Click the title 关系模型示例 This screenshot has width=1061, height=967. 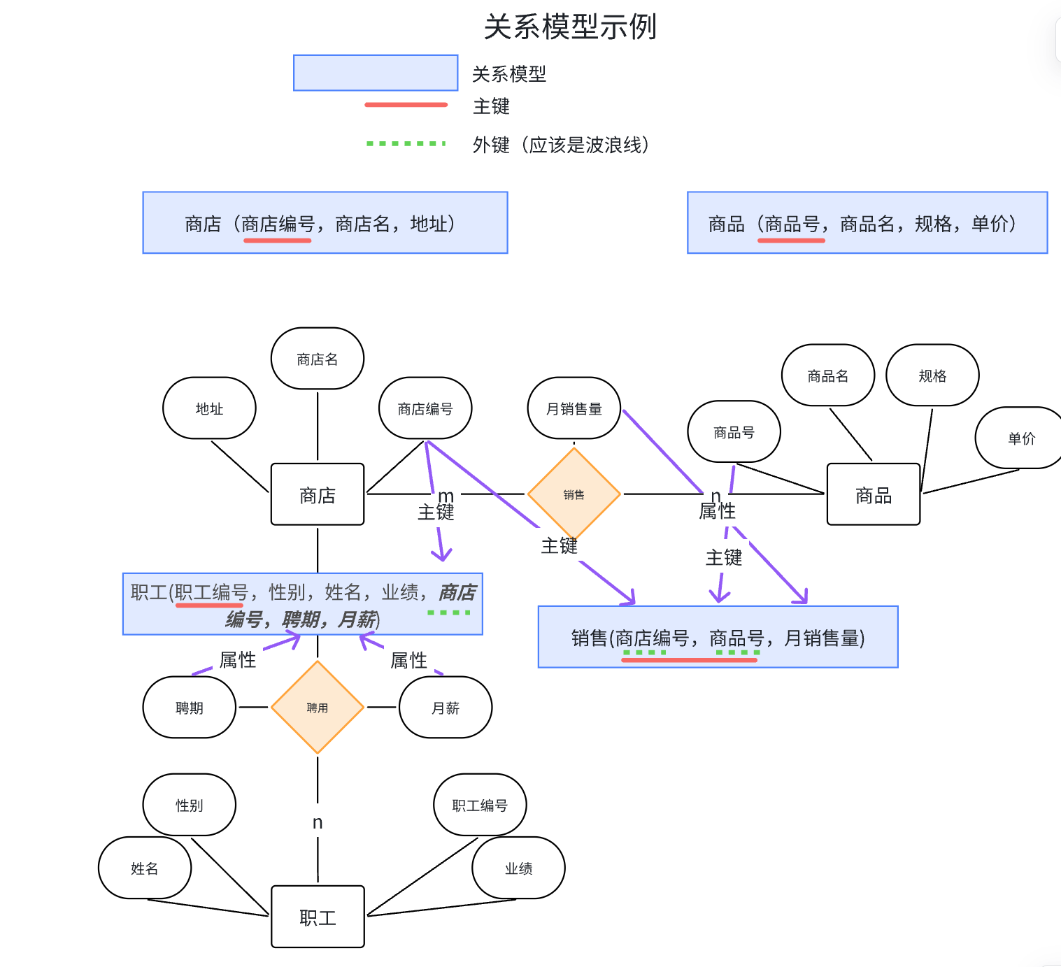(x=570, y=27)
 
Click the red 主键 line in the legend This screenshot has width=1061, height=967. (x=406, y=105)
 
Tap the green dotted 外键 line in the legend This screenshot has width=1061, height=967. (x=406, y=143)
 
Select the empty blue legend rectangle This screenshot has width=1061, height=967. (x=376, y=73)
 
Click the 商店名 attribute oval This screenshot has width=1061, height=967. (x=318, y=359)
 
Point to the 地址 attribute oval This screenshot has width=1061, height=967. (x=209, y=408)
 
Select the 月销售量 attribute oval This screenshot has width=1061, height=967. (x=574, y=408)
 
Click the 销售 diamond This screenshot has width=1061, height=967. (x=574, y=494)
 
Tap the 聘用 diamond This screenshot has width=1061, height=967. (x=318, y=708)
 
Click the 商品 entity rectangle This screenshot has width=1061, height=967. (x=873, y=494)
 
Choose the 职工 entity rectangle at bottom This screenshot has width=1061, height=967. (x=318, y=917)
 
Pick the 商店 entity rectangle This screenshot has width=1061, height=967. (x=318, y=494)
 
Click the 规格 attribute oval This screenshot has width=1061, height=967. (x=932, y=375)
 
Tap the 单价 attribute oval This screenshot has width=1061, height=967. (x=1020, y=438)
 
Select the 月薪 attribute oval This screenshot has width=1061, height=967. (x=446, y=708)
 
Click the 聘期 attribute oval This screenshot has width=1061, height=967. (x=190, y=708)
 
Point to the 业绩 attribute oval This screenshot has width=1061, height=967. (x=518, y=868)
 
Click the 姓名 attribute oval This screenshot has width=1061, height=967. (x=145, y=868)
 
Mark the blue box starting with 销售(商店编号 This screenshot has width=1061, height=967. (x=718, y=637)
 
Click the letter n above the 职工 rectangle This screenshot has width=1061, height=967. (x=318, y=822)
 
